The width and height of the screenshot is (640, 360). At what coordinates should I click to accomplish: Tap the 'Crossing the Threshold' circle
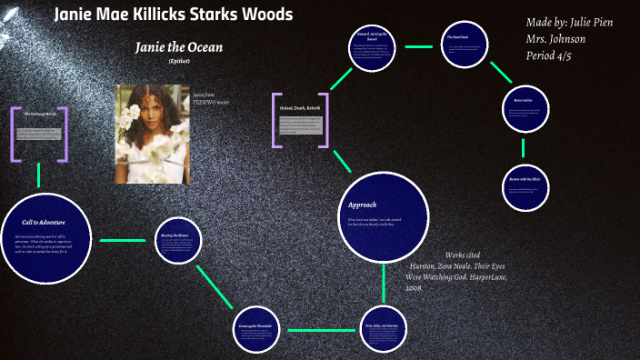coord(255,329)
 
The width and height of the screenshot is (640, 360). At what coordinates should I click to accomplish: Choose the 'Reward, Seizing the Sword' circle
coord(375,46)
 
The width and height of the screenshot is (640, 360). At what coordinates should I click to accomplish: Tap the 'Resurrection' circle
coord(523,111)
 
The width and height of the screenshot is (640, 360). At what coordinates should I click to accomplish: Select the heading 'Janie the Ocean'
coord(178,46)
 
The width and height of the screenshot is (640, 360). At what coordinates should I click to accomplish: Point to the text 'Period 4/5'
coord(549,55)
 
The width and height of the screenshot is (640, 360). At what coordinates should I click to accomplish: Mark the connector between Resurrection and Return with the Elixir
coord(523,148)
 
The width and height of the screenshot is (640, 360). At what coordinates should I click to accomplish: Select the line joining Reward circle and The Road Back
coord(419,46)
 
